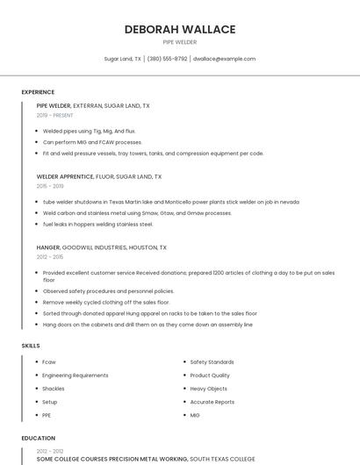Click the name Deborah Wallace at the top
[180, 29]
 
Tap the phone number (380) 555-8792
[167, 59]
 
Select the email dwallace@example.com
[224, 59]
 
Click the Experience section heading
[38, 92]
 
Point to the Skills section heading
[31, 346]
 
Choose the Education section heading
[38, 438]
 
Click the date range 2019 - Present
[54, 115]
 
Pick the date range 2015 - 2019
[50, 186]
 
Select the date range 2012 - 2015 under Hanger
[50, 257]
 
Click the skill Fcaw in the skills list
[49, 361]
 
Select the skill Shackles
[54, 388]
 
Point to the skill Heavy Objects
[208, 388]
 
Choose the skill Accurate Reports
[212, 401]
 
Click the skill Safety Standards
[212, 361]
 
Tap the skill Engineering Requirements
[76, 375]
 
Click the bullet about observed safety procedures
[108, 290]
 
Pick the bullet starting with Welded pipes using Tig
[89, 131]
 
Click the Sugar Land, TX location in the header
[123, 59]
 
